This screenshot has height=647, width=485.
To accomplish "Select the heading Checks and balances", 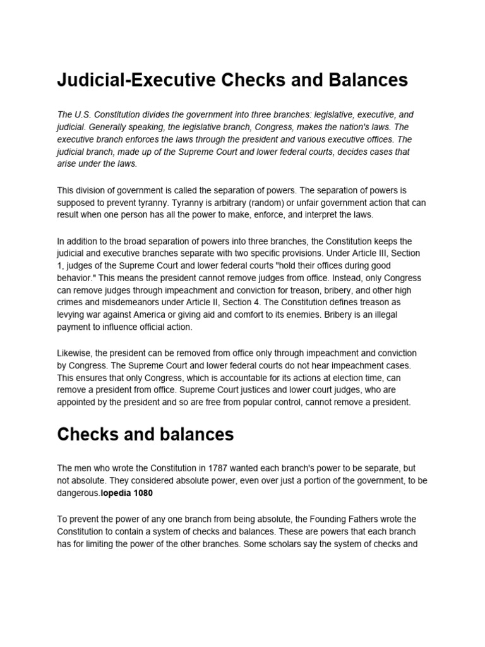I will click(x=145, y=434).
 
